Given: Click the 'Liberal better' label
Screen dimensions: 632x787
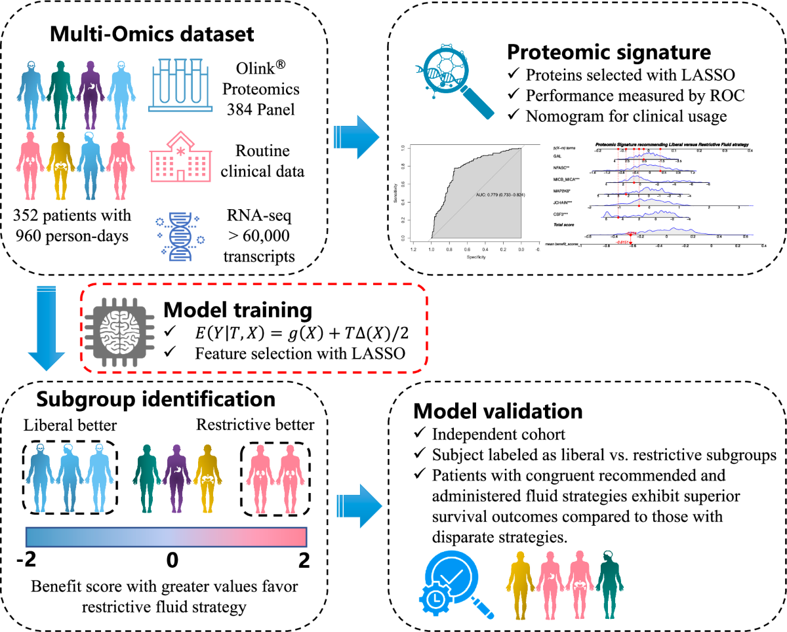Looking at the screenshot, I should pyautogui.click(x=61, y=425).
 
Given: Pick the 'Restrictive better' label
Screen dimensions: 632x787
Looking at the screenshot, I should pyautogui.click(x=255, y=425).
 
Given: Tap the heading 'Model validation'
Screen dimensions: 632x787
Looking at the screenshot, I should pyautogui.click(x=498, y=411).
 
